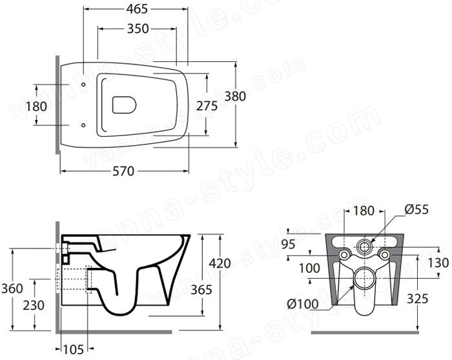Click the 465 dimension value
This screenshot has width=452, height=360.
137,9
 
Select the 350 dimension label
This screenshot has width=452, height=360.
138,28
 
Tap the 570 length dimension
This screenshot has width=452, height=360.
123,172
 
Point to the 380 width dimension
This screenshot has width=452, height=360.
235,96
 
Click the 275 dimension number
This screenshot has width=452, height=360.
207,106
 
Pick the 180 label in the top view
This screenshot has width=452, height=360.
36,106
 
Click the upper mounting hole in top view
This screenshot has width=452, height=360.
83,85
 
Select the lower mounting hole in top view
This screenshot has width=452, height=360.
83,125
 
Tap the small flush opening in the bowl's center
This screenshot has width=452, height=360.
124,105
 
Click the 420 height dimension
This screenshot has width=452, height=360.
220,263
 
